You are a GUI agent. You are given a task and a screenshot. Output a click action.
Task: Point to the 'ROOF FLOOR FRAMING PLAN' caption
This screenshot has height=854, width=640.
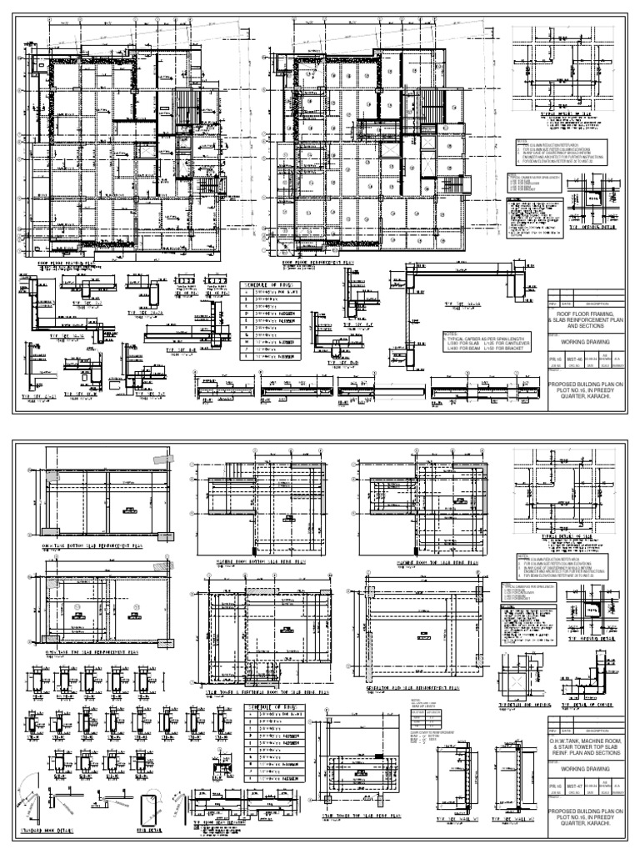pyautogui.click(x=70, y=262)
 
